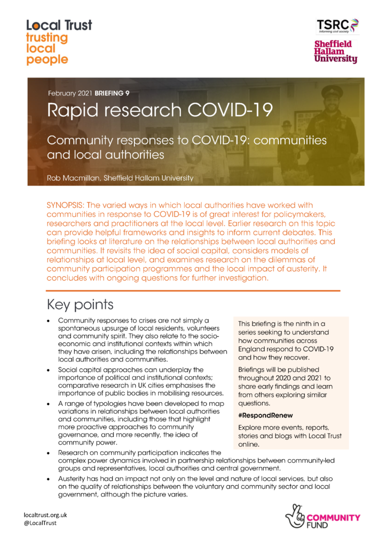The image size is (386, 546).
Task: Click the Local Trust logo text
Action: point(59,25)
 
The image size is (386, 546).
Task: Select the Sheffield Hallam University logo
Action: point(335,51)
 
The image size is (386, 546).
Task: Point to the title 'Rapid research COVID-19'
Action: point(160,111)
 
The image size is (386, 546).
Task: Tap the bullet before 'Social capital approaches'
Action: point(49,370)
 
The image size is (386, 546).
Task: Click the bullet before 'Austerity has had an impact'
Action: point(49,479)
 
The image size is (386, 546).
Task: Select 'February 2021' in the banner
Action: point(70,93)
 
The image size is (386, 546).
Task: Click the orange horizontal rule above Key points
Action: point(193,291)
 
